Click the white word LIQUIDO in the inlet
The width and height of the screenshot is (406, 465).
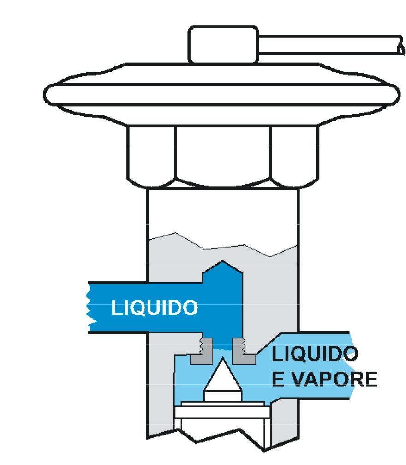(154, 308)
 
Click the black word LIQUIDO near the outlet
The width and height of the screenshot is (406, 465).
(315, 355)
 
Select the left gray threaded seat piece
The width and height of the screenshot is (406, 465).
(202, 350)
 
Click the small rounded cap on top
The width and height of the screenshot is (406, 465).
(222, 44)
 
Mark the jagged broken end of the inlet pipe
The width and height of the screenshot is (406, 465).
(90, 308)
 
